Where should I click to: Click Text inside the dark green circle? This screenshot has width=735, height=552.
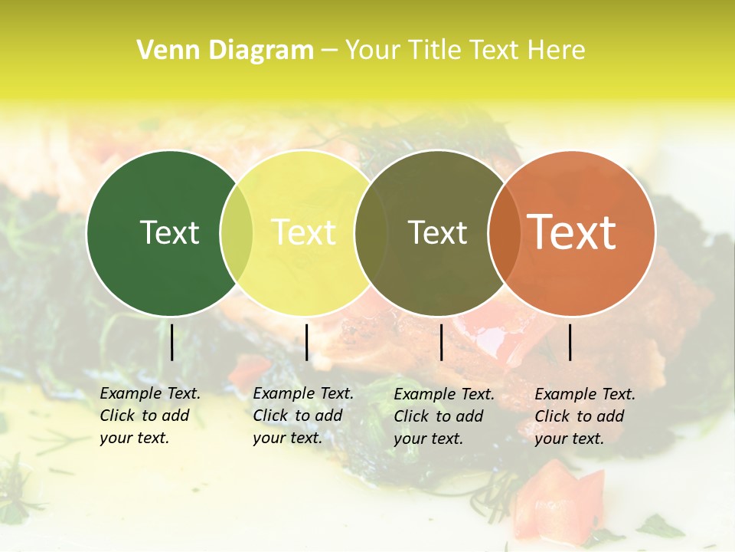click(169, 232)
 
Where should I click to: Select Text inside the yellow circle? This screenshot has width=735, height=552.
click(304, 232)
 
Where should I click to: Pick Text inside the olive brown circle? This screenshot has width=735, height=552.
click(437, 232)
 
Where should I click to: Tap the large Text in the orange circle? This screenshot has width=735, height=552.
click(571, 232)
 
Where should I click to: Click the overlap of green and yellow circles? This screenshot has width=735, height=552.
click(237, 233)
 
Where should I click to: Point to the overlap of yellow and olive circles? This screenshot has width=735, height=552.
click(371, 233)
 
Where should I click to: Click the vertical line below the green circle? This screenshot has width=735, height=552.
click(171, 342)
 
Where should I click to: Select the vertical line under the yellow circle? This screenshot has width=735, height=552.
click(306, 342)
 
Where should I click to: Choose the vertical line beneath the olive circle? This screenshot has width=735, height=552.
click(441, 342)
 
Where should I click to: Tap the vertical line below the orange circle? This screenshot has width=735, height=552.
click(570, 342)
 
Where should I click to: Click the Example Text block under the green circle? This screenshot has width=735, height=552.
click(149, 416)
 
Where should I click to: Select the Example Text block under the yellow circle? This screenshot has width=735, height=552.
click(302, 416)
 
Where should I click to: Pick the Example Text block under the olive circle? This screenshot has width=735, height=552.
click(443, 416)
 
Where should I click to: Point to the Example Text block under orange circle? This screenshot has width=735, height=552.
click(584, 416)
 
